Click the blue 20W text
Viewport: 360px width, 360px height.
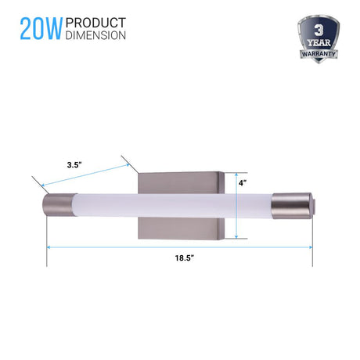[x=41, y=29]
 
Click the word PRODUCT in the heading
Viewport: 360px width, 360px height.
[x=95, y=23]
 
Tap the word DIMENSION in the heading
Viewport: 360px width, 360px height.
[x=95, y=35]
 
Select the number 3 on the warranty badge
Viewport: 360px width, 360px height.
[x=319, y=31]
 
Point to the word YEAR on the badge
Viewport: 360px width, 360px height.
[x=319, y=42]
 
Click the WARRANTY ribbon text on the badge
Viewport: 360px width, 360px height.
[x=319, y=54]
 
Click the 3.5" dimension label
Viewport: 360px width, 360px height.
[x=74, y=165]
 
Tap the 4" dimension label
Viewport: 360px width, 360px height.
[x=243, y=183]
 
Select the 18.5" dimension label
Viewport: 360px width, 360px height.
[x=185, y=258]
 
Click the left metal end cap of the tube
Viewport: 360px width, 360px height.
[x=58, y=205]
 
